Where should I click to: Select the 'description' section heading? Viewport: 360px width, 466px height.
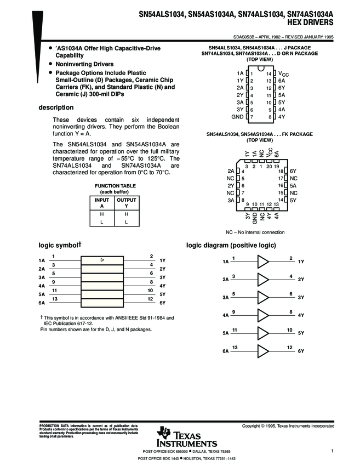click(x=56, y=107)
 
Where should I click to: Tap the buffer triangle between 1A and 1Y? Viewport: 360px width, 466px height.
click(x=264, y=262)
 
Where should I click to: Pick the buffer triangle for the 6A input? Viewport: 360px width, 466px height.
click(x=264, y=350)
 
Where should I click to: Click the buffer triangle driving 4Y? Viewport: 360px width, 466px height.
click(x=264, y=315)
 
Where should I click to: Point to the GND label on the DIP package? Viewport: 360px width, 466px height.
click(x=237, y=117)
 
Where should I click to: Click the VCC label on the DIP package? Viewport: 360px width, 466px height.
click(x=283, y=73)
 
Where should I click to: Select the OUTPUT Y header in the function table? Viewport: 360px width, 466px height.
click(x=127, y=203)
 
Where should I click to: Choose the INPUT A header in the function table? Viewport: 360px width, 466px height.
click(x=102, y=203)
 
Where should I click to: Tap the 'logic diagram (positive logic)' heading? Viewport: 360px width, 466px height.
click(x=231, y=245)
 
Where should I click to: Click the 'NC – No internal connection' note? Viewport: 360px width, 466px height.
click(x=255, y=232)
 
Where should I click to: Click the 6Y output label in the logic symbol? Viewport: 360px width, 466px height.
click(x=162, y=303)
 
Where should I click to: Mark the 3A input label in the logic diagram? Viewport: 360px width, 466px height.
click(x=226, y=298)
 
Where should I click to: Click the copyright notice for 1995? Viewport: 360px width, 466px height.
click(x=288, y=426)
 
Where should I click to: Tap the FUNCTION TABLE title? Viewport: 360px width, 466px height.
click(x=115, y=186)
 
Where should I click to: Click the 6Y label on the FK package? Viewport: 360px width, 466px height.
click(x=293, y=171)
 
